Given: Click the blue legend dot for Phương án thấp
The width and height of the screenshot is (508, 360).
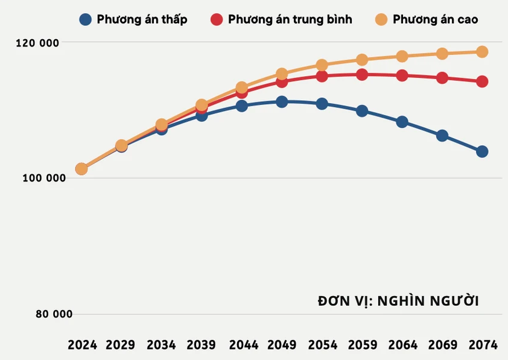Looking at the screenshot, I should click(x=86, y=19).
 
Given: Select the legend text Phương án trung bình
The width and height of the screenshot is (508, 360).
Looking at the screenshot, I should click(x=290, y=19).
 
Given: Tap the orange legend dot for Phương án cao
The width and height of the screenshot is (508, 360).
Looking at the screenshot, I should click(x=381, y=19).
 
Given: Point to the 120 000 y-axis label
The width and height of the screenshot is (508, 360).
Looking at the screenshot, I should click(x=40, y=43).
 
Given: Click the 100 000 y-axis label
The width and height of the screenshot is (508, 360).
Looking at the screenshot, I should click(x=40, y=178).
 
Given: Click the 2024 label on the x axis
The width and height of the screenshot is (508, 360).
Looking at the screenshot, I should click(x=82, y=345).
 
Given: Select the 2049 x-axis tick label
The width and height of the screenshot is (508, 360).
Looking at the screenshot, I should click(x=282, y=345).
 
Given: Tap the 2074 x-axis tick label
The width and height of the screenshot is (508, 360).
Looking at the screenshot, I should click(x=483, y=345).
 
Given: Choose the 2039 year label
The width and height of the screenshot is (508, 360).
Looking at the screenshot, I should click(x=201, y=345).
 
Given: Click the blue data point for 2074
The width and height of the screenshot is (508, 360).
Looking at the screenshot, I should click(x=482, y=151).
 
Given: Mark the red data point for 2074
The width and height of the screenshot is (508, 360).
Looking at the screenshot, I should click(x=482, y=81).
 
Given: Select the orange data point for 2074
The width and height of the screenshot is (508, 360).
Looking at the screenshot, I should click(x=482, y=52).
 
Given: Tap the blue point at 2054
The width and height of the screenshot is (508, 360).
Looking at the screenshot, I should click(x=322, y=104).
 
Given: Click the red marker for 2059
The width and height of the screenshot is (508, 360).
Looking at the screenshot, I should click(x=362, y=75).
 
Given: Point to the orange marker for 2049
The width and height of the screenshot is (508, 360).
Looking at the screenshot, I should click(x=282, y=74).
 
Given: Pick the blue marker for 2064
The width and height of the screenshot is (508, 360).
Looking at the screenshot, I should click(x=402, y=122).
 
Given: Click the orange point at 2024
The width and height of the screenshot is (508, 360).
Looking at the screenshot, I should click(x=81, y=169).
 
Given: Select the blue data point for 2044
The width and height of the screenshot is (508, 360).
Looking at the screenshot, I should click(x=241, y=106).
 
